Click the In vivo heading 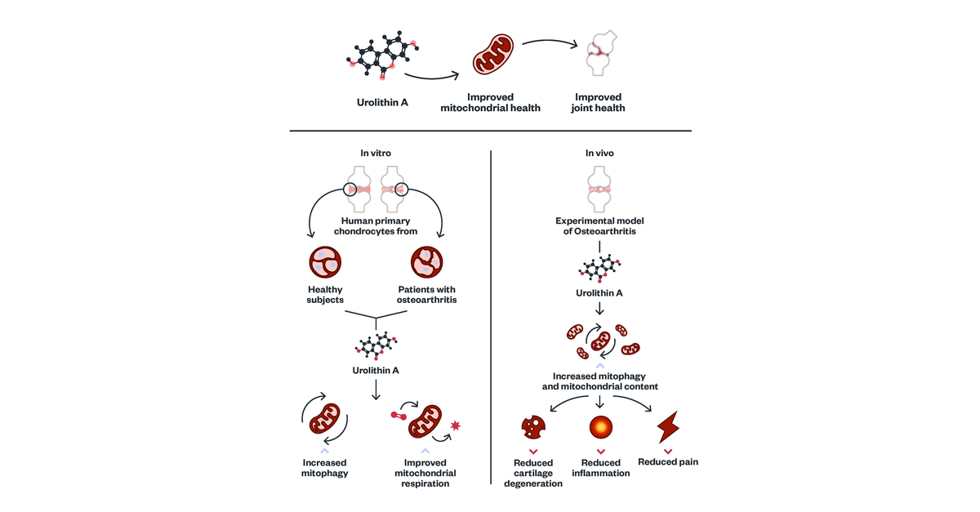pyautogui.click(x=600, y=153)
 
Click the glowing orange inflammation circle pyautogui.click(x=601, y=427)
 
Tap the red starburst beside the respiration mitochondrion pyautogui.click(x=454, y=425)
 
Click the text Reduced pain pyautogui.click(x=668, y=462)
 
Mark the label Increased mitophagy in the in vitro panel pyautogui.click(x=324, y=468)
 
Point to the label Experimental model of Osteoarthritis pyautogui.click(x=600, y=226)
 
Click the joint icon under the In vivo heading pyautogui.click(x=600, y=189)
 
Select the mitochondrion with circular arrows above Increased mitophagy pyautogui.click(x=324, y=420)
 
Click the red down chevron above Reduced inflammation pyautogui.click(x=601, y=451)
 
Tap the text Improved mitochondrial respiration pyautogui.click(x=425, y=473)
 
